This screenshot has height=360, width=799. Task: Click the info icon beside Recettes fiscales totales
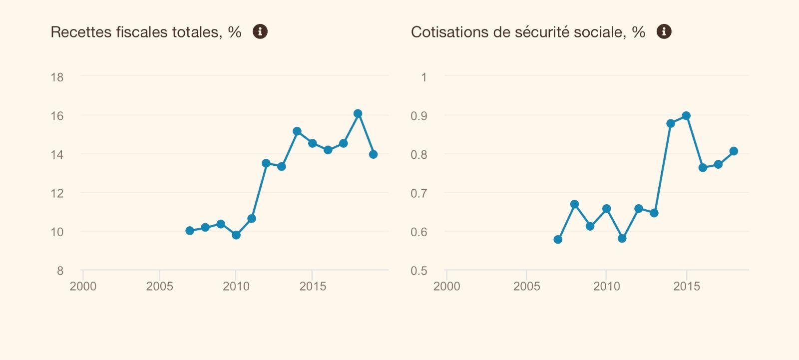pyautogui.click(x=260, y=31)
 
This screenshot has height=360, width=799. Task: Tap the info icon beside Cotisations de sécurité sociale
pyautogui.click(x=664, y=31)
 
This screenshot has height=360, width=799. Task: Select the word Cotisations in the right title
pyautogui.click(x=442, y=32)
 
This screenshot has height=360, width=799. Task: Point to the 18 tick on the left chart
pyautogui.click(x=57, y=77)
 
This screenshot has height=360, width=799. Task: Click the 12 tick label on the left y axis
pyautogui.click(x=57, y=193)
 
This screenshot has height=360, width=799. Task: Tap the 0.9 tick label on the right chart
pyautogui.click(x=419, y=116)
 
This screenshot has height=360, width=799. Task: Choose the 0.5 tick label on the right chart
pyautogui.click(x=419, y=271)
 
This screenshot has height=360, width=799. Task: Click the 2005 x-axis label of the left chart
pyautogui.click(x=159, y=286)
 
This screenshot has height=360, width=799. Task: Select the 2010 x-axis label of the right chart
pyautogui.click(x=606, y=286)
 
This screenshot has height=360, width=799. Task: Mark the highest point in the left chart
pyautogui.click(x=358, y=114)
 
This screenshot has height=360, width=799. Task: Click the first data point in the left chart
pyautogui.click(x=190, y=231)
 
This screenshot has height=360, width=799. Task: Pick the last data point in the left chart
pyautogui.click(x=373, y=155)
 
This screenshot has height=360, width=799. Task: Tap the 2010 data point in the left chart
pyautogui.click(x=236, y=235)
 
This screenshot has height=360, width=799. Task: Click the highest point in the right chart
pyautogui.click(x=686, y=116)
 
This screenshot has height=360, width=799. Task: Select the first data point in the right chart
pyautogui.click(x=558, y=240)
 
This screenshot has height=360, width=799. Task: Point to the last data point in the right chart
pyautogui.click(x=734, y=151)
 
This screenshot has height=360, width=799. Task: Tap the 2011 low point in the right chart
pyautogui.click(x=622, y=239)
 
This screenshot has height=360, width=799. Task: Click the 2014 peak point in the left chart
pyautogui.click(x=297, y=131)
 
